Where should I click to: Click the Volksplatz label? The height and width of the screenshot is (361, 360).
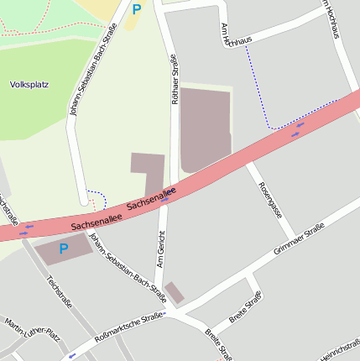tap(29, 85)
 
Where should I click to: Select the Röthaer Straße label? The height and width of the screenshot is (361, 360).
tap(175, 77)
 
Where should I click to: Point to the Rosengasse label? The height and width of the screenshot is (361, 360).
tap(270, 200)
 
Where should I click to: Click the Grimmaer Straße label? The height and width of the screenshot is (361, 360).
tap(299, 239)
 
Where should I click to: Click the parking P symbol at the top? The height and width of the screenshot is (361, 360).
tap(136, 10)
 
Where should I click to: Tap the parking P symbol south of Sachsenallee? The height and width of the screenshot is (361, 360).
tap(63, 249)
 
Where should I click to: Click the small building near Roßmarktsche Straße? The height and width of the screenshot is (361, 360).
tap(174, 292)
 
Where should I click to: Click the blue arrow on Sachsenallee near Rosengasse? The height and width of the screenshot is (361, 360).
tap(297, 128)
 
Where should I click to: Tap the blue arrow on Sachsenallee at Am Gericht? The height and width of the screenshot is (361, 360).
tap(166, 199)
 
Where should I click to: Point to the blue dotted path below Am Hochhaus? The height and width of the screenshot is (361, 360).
tap(260, 92)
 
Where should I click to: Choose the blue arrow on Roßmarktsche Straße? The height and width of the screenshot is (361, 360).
tap(72, 355)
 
